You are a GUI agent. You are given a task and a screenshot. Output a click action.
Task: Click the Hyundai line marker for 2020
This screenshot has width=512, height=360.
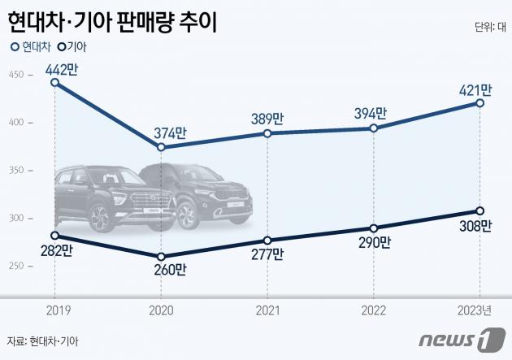pyautogui.click(x=161, y=147)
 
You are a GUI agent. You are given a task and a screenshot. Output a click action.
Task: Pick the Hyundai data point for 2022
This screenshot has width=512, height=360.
pyautogui.click(x=373, y=128)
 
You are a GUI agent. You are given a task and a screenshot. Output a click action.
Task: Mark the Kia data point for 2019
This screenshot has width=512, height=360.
pyautogui.click(x=54, y=236)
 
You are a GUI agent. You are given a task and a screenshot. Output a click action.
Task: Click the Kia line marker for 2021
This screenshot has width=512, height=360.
pyautogui.click(x=267, y=241)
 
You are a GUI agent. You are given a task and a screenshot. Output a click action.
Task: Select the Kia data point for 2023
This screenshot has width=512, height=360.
pyautogui.click(x=480, y=210)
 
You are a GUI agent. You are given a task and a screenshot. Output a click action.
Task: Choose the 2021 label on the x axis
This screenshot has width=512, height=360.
pyautogui.click(x=267, y=309)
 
